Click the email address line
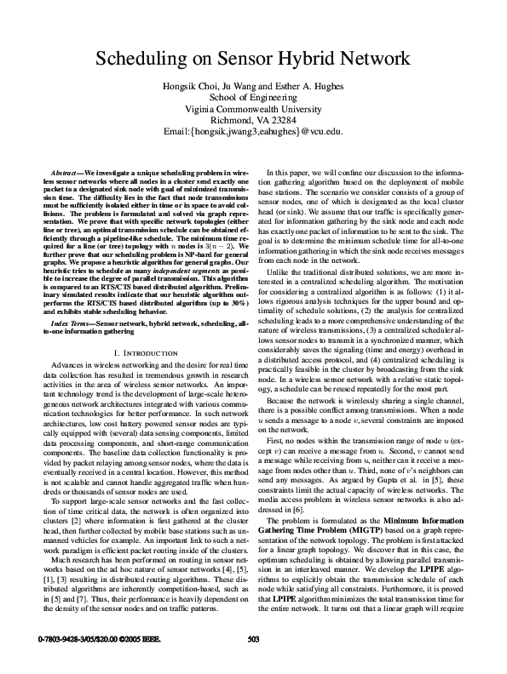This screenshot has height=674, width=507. (x=253, y=132)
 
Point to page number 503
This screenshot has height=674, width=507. (x=253, y=662)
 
